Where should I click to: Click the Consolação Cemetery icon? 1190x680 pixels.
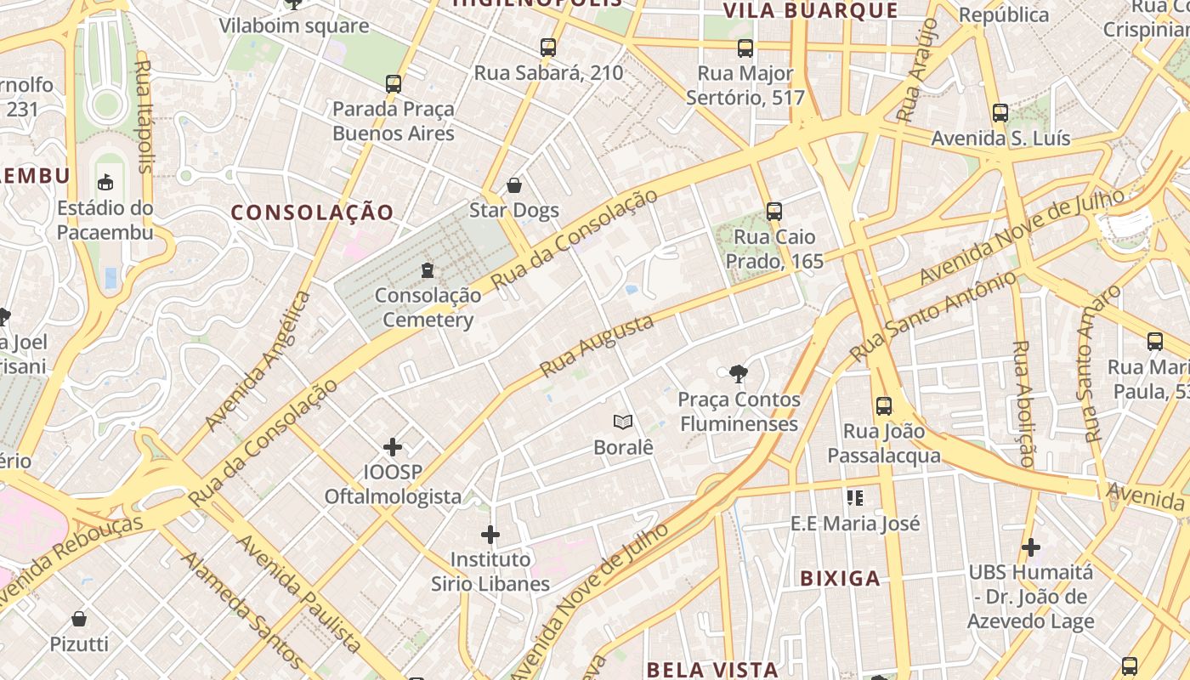428,270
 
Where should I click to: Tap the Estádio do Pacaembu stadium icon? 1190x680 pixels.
105,182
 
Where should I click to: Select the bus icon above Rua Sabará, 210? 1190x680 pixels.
548,48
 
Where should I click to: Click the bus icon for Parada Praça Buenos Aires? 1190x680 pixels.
393,83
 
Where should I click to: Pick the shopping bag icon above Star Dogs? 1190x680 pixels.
513,185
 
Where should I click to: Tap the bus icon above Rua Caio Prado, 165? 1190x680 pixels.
773,211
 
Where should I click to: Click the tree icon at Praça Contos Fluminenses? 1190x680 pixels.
738,373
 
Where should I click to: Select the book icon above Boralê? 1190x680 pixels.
623,422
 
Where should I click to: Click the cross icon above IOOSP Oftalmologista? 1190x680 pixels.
393,446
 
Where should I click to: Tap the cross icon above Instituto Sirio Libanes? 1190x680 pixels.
490,535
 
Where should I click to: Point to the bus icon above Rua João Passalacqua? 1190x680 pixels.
884,405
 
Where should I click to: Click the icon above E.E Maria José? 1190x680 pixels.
855,498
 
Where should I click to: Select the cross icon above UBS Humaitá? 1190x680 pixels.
1030,547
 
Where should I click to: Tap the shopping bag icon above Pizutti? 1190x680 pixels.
79,619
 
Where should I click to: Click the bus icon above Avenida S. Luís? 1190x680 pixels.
1000,112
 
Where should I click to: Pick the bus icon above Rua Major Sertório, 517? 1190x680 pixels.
745,48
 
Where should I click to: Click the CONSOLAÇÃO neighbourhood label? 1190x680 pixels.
313,212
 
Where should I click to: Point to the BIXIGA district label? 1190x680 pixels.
840,579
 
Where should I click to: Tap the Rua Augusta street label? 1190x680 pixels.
597,346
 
